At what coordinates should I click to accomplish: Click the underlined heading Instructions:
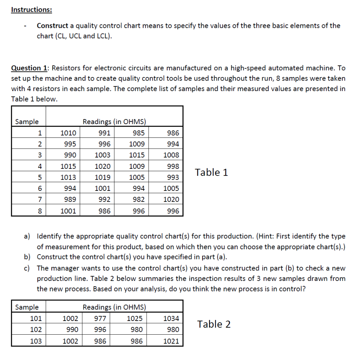[31, 9]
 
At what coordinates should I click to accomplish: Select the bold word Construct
[52, 26]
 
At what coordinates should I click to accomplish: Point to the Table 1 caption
[211, 172]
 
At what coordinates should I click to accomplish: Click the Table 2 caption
[214, 324]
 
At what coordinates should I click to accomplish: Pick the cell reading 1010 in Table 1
[68, 133]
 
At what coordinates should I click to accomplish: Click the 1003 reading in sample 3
[102, 155]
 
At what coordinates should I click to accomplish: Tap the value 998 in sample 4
[173, 166]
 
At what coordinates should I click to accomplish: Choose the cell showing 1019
[102, 177]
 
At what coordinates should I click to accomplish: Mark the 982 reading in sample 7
[139, 199]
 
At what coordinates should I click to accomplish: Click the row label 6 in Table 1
[40, 188]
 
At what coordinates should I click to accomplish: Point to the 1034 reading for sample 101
[171, 319]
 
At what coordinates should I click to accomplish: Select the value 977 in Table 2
[100, 319]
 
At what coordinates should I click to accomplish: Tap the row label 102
[36, 329]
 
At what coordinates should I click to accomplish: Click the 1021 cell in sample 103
[171, 341]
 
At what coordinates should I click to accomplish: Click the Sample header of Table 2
[27, 307]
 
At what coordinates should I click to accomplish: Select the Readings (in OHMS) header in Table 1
[114, 122]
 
